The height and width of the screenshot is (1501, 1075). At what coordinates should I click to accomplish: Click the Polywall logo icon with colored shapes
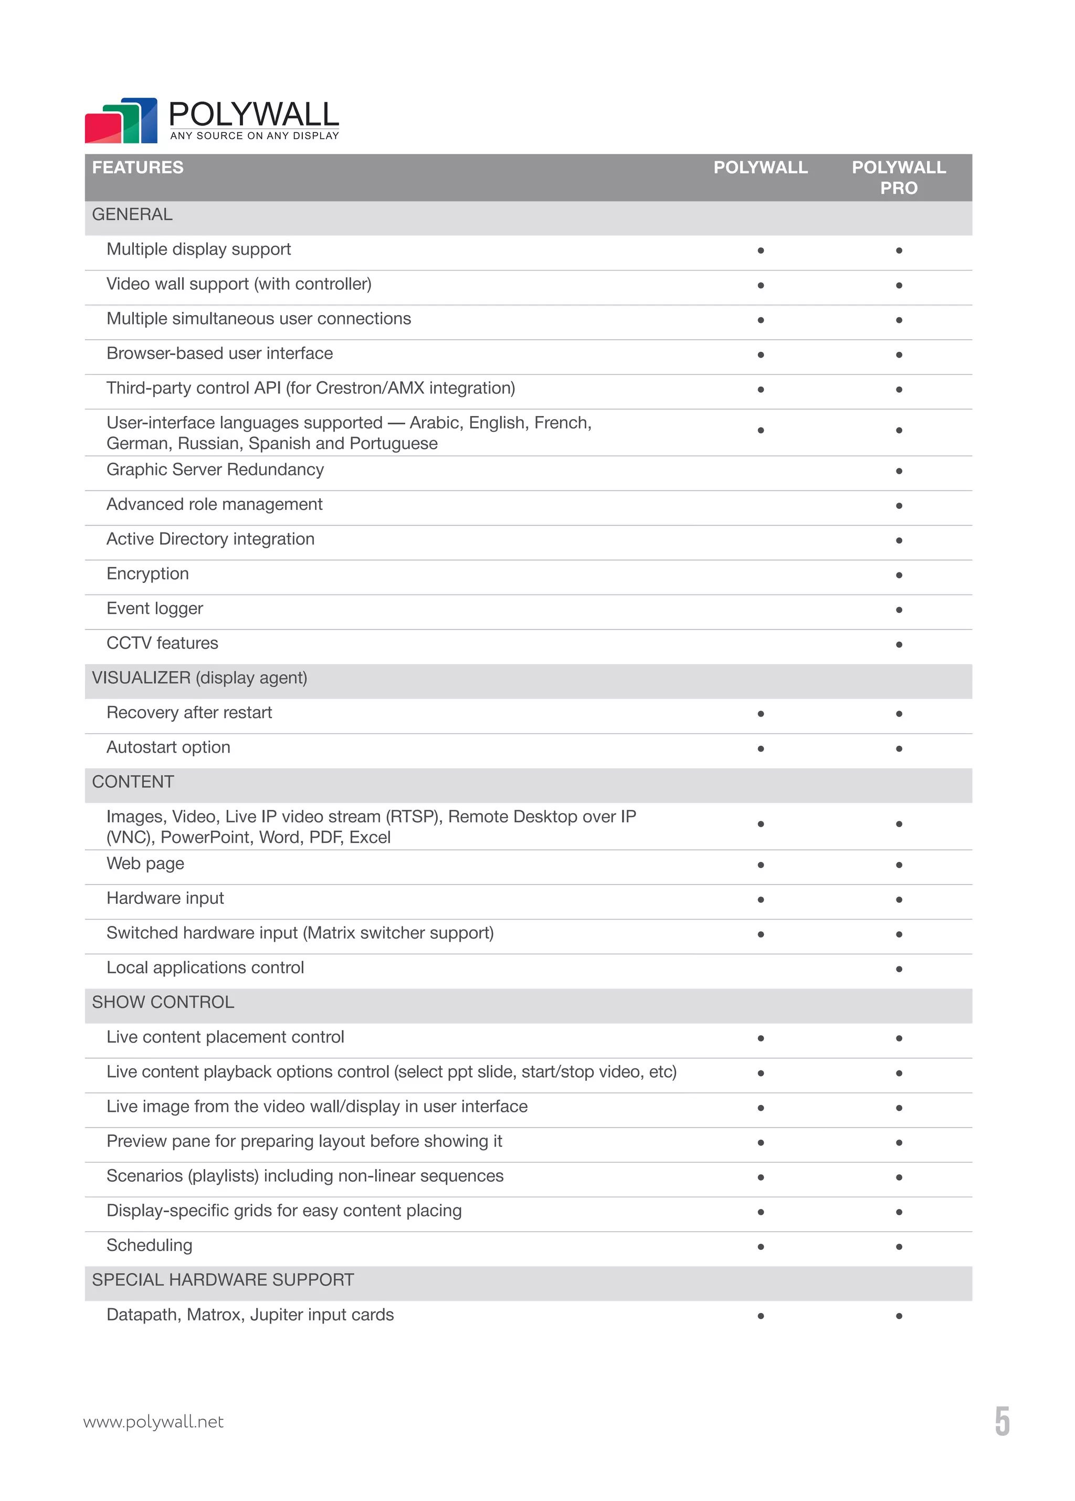[121, 121]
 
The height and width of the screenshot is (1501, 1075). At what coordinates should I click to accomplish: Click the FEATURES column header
[138, 168]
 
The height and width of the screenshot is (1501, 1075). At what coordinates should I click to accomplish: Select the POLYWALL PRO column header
[898, 178]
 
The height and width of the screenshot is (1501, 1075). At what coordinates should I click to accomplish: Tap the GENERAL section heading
[132, 214]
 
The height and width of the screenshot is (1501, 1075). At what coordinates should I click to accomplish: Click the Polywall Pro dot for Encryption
[898, 575]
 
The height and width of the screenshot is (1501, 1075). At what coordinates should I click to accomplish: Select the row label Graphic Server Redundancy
[215, 470]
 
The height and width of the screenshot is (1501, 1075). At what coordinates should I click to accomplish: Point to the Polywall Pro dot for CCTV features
[898, 644]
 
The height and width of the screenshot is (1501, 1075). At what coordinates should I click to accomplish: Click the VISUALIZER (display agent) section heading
[199, 677]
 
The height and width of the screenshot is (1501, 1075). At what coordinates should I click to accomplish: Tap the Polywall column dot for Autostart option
[761, 748]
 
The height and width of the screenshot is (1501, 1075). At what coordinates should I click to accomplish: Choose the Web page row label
[145, 863]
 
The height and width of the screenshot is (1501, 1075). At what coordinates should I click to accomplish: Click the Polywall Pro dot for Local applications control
[898, 969]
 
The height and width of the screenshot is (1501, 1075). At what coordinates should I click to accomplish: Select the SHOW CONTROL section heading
[163, 1002]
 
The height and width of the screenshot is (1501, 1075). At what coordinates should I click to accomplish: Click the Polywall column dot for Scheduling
[761, 1247]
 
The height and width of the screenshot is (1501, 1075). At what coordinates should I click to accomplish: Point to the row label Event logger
[155, 608]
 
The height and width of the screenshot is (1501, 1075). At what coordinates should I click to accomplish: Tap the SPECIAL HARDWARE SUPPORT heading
[223, 1280]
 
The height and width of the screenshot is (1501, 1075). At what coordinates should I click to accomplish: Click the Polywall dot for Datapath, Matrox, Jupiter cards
[761, 1316]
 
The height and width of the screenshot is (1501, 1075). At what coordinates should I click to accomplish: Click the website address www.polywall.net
[153, 1422]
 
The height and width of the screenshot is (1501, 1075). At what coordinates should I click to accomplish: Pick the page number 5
[1002, 1422]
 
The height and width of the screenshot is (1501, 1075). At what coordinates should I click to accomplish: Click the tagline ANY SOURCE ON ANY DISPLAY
[255, 135]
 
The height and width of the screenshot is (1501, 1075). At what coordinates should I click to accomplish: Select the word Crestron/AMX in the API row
[370, 389]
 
